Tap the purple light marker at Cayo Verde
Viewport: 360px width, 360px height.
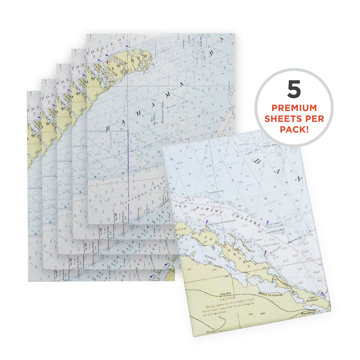coord(265,253)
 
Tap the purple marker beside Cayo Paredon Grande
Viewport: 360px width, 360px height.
coord(207,222)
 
